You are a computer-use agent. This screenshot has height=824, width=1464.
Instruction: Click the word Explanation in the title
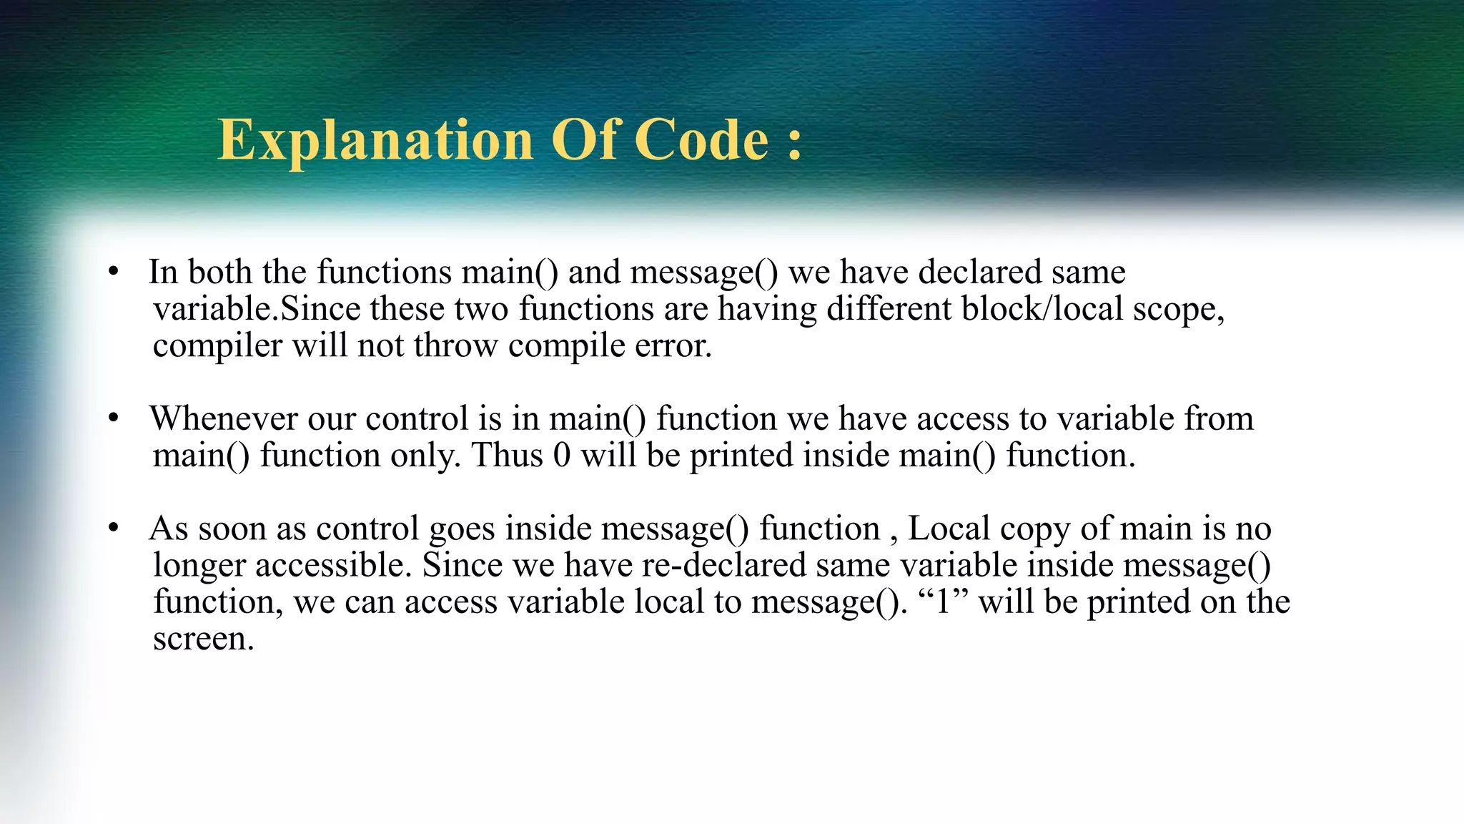click(x=376, y=139)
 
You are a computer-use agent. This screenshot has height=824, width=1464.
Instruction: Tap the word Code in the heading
click(x=701, y=139)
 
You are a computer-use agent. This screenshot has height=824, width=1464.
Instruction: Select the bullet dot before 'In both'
click(x=113, y=273)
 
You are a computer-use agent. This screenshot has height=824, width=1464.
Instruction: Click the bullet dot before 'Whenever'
click(x=113, y=418)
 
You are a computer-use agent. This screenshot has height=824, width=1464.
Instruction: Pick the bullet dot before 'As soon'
click(x=113, y=529)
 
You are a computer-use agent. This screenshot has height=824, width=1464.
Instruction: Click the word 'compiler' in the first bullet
click(x=217, y=346)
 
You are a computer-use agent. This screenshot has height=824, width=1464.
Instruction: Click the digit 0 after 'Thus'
click(x=562, y=456)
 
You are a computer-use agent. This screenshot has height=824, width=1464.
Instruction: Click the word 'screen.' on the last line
click(x=204, y=639)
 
